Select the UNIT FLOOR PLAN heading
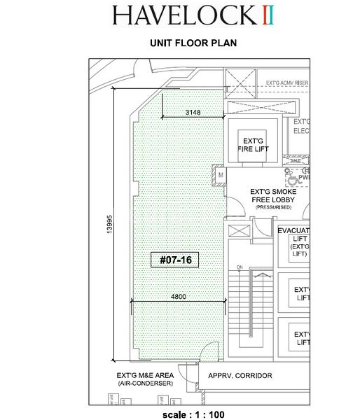pos(193,43)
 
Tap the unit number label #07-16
pos(176,260)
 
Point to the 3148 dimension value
pos(194,112)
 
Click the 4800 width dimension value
pos(179,297)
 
